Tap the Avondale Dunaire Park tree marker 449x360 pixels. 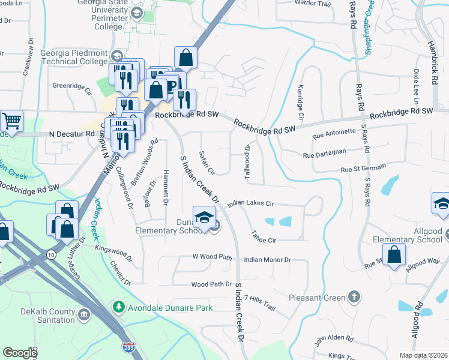pos(119,308)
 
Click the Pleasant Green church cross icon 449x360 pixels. pos(354,297)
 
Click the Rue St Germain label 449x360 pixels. pos(363,170)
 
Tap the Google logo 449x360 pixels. pos(20,352)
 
